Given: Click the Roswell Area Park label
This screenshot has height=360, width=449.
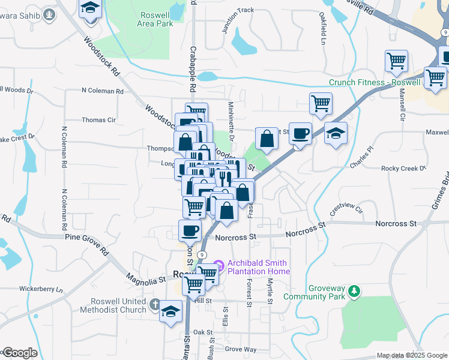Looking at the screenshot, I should tap(156, 19).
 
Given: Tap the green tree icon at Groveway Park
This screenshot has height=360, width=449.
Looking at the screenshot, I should tap(355, 291).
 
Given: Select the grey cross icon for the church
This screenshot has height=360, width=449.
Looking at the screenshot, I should tap(155, 305).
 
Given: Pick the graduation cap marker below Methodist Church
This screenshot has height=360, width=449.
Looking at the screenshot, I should tap(171, 311).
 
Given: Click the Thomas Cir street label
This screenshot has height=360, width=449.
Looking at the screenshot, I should tap(98, 120).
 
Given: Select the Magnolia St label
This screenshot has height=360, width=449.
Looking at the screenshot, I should tap(145, 278).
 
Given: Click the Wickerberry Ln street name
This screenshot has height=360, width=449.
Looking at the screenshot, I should tap(41, 289).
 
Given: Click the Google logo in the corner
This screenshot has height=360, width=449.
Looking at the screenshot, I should tap(20, 353).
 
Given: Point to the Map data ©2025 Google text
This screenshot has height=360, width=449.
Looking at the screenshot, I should tap(411, 355).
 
